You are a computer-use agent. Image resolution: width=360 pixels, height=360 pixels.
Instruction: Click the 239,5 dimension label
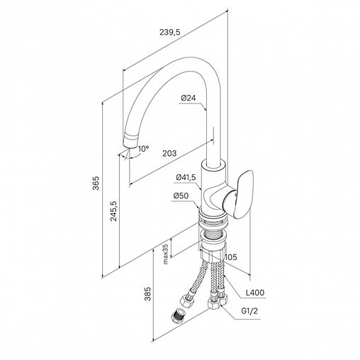point(170,32)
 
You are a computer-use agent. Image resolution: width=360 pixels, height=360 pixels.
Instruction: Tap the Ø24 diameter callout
point(189,98)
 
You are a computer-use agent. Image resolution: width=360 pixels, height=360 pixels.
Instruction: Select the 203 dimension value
point(169,153)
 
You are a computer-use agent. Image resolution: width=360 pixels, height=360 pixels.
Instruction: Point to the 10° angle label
point(144,149)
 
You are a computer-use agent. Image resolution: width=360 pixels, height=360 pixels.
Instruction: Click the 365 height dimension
point(96,183)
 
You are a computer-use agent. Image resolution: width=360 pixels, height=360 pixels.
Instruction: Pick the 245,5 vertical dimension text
point(114,211)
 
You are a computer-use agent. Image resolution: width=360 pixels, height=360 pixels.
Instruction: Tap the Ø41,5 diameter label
point(186,177)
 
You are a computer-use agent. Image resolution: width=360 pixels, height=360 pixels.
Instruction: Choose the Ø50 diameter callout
point(181,196)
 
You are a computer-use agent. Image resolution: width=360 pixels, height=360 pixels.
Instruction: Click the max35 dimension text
point(166,254)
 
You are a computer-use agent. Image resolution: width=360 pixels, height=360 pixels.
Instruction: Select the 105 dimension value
point(230,257)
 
